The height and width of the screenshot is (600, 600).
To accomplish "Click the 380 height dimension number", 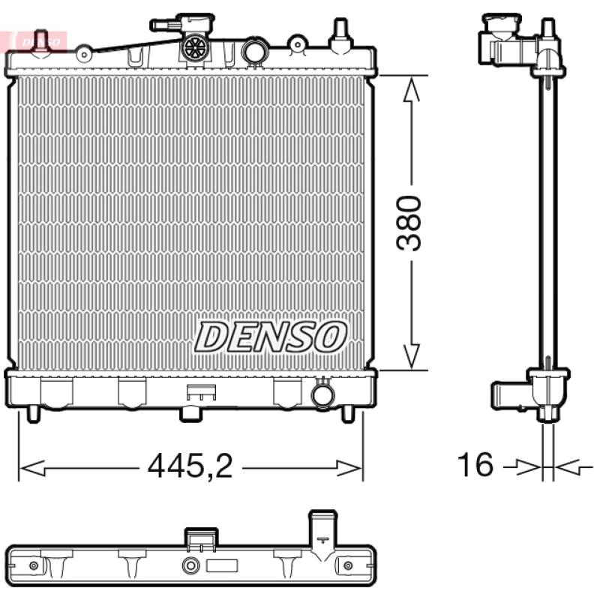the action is (409, 223).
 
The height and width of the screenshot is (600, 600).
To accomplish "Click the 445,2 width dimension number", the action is (190, 466).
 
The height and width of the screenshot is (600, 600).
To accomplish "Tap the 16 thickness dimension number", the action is (475, 464).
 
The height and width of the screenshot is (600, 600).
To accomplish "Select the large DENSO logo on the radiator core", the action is (271, 337).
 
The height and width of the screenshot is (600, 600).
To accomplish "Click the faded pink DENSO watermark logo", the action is (38, 41).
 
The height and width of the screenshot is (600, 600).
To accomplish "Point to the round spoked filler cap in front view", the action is (196, 48).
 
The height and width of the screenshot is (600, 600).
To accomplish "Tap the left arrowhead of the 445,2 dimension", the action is (32, 467).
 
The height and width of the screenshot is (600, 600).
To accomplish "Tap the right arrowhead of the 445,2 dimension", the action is (348, 467).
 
